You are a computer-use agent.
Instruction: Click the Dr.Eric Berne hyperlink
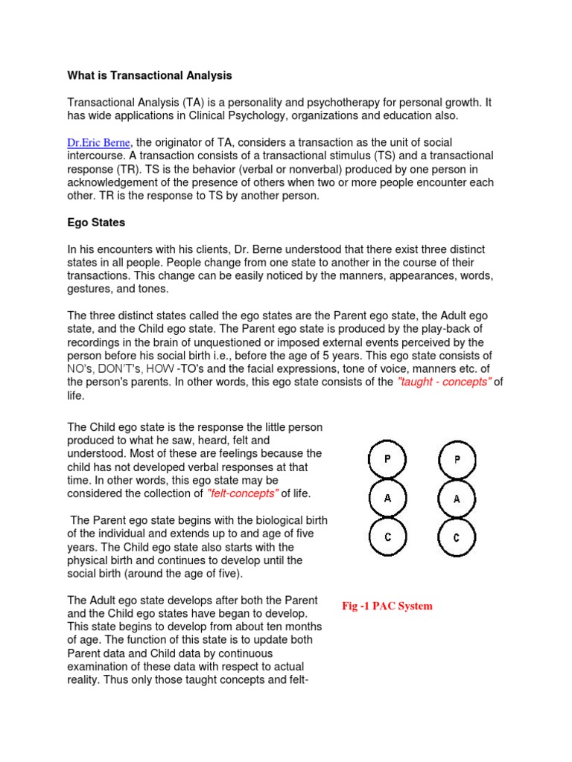click(99, 142)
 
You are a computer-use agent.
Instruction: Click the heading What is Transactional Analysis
click(150, 75)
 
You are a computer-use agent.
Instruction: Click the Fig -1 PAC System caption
click(387, 606)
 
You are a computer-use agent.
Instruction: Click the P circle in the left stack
click(387, 459)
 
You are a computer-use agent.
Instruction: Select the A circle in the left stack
click(387, 499)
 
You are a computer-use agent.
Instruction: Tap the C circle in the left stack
click(387, 537)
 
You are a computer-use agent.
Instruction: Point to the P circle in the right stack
click(457, 459)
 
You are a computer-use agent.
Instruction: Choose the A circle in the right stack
click(457, 499)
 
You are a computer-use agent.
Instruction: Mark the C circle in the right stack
click(457, 537)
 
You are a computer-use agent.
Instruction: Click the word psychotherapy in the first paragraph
click(310, 102)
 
